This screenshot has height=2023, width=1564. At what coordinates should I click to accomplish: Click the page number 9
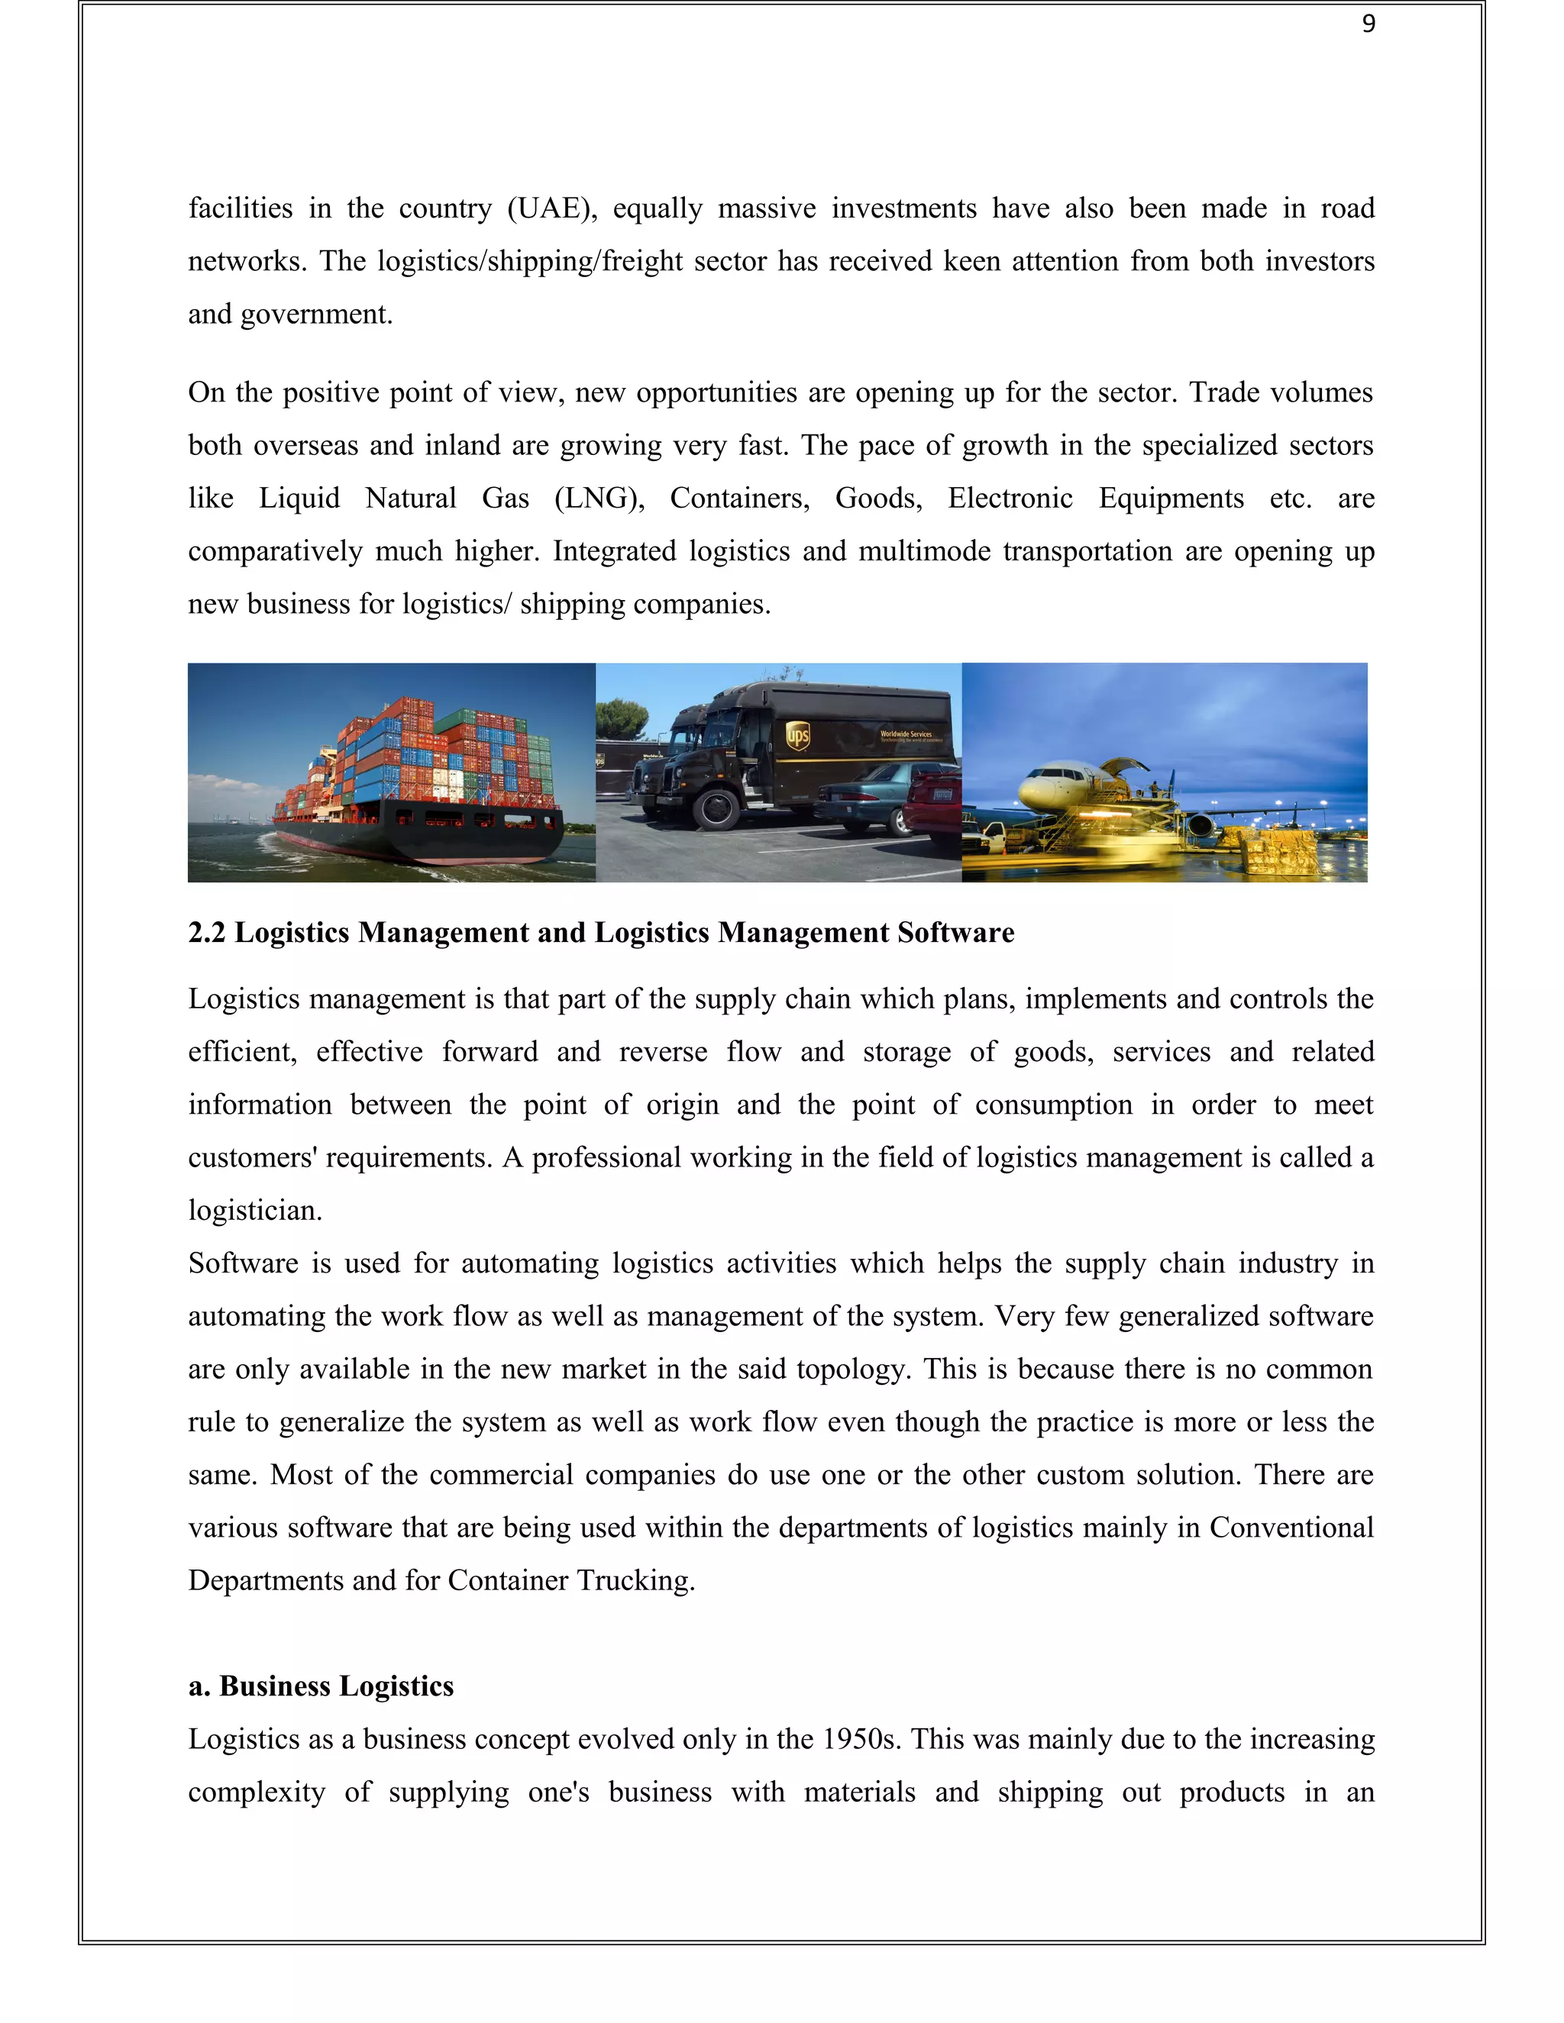click(x=1368, y=25)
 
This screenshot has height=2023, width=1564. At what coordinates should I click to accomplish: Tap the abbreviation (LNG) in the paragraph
click(x=599, y=498)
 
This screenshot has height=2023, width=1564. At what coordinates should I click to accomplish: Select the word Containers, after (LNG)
click(x=739, y=498)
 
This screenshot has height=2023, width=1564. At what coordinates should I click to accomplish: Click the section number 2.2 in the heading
click(x=207, y=933)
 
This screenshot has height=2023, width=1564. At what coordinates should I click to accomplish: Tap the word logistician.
click(x=255, y=1211)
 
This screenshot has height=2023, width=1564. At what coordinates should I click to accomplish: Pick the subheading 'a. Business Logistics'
click(x=321, y=1686)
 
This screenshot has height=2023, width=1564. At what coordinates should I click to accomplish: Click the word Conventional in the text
click(x=1291, y=1528)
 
